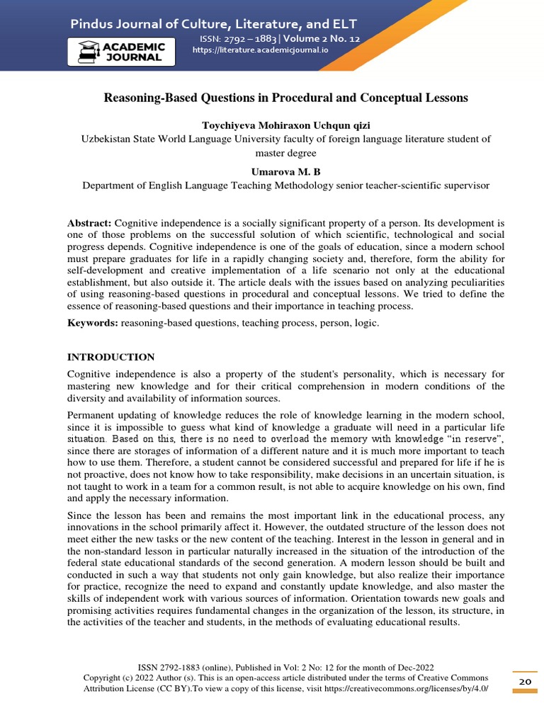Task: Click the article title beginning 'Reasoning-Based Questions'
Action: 286,98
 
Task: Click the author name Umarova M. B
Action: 286,172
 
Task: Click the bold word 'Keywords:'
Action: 92,323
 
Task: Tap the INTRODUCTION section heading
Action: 110,356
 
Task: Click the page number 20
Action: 525,681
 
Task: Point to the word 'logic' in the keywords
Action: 365,323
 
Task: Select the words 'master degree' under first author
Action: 286,152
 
